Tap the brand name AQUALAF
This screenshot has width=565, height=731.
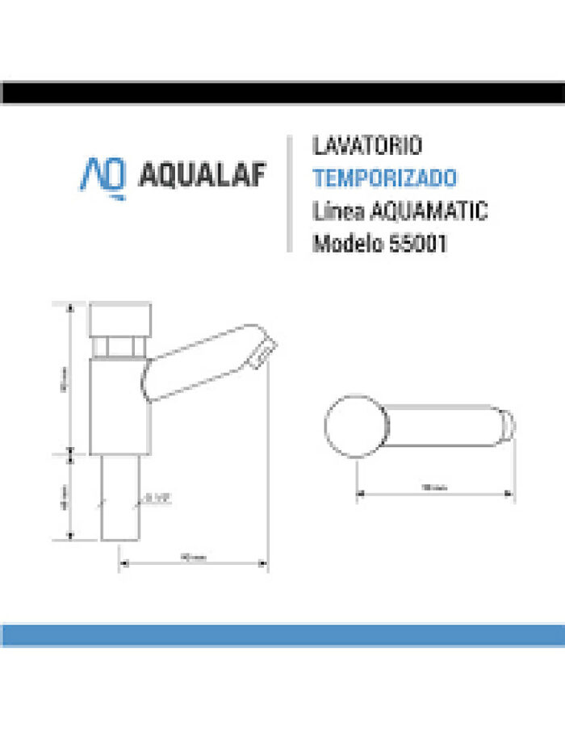pos(203,176)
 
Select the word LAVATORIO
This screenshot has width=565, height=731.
pos(366,146)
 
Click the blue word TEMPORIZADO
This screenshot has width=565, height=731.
pos(384,178)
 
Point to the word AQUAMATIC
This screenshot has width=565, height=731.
pos(428,211)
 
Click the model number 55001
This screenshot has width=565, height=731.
pos(419,243)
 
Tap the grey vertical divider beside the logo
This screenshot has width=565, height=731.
pos(288,194)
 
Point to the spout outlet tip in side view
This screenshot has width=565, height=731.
pos(264,352)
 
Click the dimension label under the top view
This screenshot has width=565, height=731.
pos(434,487)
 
